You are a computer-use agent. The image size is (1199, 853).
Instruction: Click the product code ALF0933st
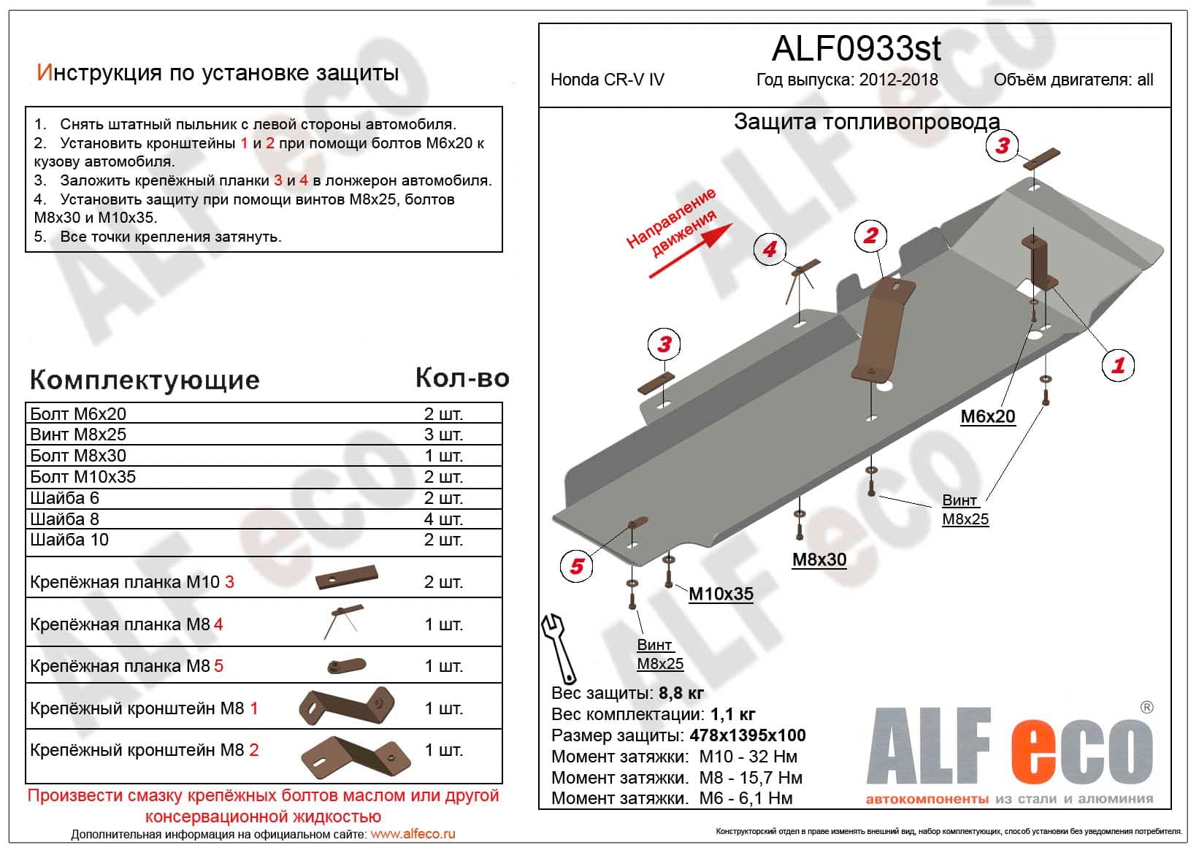[x=856, y=49]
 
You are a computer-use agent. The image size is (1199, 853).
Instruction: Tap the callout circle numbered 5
[x=577, y=565]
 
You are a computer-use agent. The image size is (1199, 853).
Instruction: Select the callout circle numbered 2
[x=870, y=235]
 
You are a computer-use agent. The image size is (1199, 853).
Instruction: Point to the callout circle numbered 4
[x=770, y=249]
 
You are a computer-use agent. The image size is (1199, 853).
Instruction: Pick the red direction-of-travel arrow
[x=690, y=251]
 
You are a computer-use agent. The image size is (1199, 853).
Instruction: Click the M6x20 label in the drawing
[x=987, y=416]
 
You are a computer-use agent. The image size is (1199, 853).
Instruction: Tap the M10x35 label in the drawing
[x=721, y=594]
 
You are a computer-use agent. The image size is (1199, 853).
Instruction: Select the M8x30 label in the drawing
[x=819, y=559]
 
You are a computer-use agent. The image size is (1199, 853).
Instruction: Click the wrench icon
[x=558, y=647]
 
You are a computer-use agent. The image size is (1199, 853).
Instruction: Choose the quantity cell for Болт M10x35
[x=443, y=477]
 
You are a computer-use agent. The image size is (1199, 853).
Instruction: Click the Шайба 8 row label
[x=65, y=519]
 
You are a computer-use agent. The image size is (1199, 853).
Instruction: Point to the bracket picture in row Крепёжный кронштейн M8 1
[x=347, y=708]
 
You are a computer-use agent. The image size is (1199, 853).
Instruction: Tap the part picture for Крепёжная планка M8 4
[x=341, y=621]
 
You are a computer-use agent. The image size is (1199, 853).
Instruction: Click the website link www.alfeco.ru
[x=413, y=834]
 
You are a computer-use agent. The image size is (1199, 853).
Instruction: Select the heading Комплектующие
[x=145, y=380]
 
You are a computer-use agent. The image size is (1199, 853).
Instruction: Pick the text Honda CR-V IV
[x=608, y=80]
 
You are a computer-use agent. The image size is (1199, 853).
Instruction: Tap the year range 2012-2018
[x=899, y=80]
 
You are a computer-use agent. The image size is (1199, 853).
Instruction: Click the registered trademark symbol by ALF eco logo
[x=1146, y=707]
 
